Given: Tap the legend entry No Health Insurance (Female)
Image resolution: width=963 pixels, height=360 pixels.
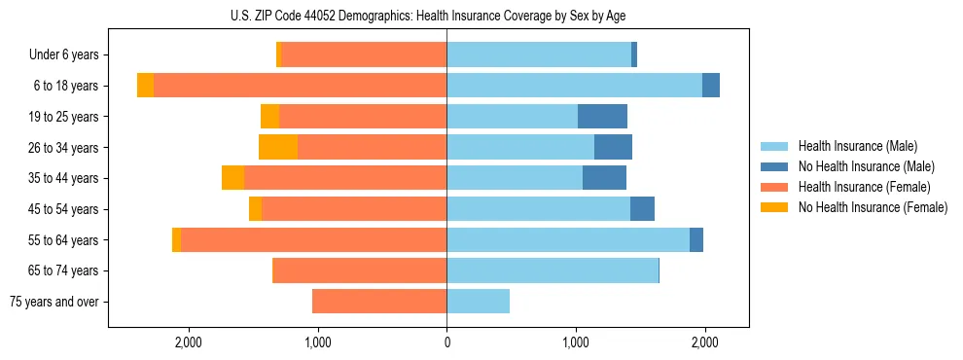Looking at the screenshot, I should tap(873, 207).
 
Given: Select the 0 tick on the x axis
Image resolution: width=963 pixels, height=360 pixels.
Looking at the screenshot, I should tap(446, 342).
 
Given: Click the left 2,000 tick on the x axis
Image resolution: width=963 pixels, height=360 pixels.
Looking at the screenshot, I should tap(188, 342).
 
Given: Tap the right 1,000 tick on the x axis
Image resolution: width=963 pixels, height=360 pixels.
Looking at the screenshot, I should tap(576, 342).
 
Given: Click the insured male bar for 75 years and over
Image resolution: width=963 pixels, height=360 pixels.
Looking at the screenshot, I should tap(478, 302).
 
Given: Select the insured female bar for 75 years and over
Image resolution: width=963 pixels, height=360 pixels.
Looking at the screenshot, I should tap(379, 302).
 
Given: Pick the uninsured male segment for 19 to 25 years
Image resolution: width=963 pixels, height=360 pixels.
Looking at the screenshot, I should tap(602, 117).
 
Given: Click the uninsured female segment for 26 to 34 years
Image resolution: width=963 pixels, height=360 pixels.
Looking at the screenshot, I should tap(278, 148).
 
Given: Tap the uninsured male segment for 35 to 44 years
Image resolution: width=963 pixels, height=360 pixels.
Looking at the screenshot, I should tap(604, 178).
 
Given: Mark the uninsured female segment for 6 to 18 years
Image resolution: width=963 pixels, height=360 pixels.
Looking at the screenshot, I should tap(145, 86).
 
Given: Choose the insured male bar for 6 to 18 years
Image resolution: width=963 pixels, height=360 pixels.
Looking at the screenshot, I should tap(574, 86).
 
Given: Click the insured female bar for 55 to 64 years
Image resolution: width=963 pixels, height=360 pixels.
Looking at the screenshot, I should tap(313, 240).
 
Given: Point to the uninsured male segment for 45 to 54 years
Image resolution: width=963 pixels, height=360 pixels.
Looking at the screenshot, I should tap(642, 209).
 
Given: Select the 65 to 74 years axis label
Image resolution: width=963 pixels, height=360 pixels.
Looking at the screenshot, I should tap(62, 270).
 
